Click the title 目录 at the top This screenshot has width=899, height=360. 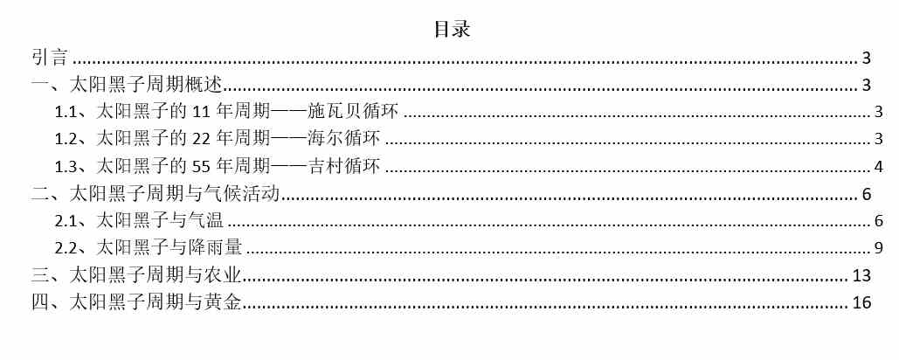click(x=453, y=29)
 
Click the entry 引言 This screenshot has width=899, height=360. click(x=50, y=58)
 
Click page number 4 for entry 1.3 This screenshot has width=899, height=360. click(x=878, y=167)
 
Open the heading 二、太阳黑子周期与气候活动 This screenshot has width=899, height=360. click(x=155, y=194)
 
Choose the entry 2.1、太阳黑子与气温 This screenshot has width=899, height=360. click(x=139, y=221)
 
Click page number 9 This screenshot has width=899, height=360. click(x=878, y=248)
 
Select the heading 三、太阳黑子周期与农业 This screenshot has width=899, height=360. click(x=136, y=276)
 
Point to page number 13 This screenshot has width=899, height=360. click(x=861, y=276)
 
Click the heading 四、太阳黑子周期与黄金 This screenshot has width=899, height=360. click(x=136, y=302)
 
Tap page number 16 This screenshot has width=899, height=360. click(x=861, y=302)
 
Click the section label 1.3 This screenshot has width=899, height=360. click(x=66, y=167)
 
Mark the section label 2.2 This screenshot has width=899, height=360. click(x=66, y=248)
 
